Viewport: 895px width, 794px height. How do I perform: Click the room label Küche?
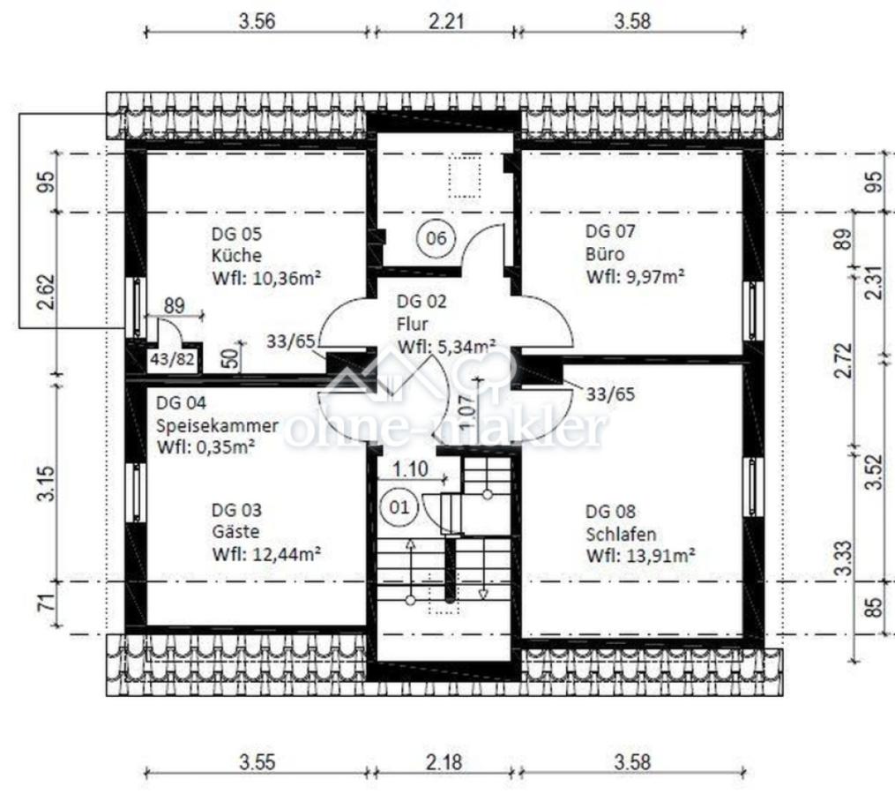[x=236, y=255]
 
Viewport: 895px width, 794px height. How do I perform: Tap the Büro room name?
[x=605, y=253]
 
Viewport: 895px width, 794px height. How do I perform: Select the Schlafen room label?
[x=621, y=534]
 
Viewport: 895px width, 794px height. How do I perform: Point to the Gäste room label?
[x=235, y=532]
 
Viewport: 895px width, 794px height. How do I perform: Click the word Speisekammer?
[x=218, y=425]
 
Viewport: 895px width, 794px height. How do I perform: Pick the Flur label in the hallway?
[x=412, y=324]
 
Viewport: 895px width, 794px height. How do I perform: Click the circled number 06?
[x=436, y=237]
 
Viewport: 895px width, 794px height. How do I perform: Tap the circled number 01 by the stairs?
[x=399, y=506]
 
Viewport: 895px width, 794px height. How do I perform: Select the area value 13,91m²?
[x=661, y=556]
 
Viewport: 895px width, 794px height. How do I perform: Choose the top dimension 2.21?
[x=446, y=22]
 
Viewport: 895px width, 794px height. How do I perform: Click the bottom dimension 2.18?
[x=444, y=762]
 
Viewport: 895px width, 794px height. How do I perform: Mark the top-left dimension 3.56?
[x=257, y=22]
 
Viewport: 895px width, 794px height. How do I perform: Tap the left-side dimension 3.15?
[x=47, y=483]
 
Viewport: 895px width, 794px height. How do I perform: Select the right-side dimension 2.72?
[x=843, y=360]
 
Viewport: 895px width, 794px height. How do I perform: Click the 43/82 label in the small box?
[x=172, y=360]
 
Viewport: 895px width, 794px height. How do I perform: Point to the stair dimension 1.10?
[x=410, y=469]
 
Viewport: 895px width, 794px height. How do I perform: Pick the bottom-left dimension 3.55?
[x=257, y=762]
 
